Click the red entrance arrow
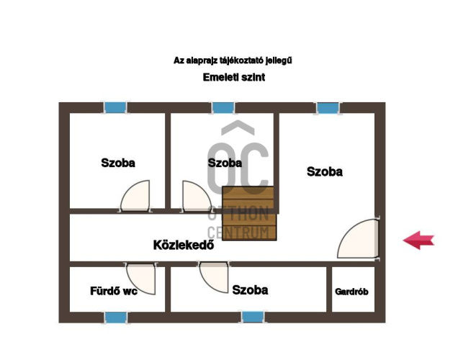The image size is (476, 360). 418,240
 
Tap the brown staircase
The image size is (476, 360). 249,213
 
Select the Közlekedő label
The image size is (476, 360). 184,245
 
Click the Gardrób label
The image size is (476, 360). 351,292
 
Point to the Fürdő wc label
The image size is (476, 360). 114,291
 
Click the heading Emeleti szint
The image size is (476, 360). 234,77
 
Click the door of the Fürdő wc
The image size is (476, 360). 141,279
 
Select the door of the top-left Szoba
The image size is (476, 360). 135,195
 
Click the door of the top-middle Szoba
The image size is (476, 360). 197,196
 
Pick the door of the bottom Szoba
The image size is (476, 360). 214,276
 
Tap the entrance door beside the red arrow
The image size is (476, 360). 358,238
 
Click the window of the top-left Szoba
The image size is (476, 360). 115,107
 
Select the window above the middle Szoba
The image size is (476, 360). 223,107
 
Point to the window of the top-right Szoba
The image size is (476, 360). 328,108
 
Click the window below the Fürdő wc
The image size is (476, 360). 116,318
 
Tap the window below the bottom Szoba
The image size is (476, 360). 253,318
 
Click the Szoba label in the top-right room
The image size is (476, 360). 325,171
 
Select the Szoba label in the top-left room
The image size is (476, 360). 118,163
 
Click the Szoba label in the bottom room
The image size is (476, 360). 250,290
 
